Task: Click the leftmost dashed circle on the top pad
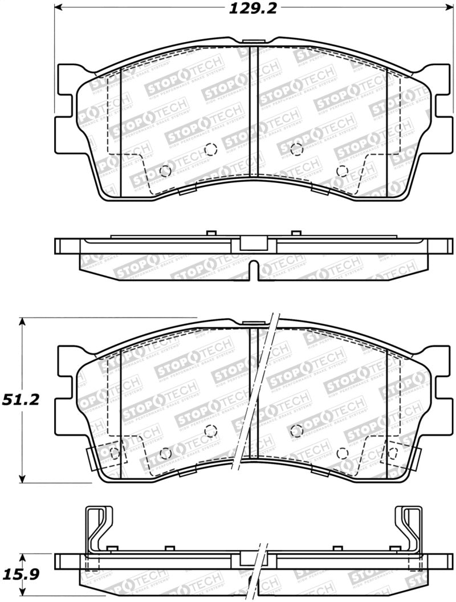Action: pos(165,170)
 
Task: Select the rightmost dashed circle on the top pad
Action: pos(342,170)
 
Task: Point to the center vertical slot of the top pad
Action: pos(254,114)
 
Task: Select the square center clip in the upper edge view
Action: pos(254,243)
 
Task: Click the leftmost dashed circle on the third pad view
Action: pos(114,454)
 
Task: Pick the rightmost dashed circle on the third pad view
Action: pos(393,454)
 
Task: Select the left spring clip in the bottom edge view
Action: pos(97,530)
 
